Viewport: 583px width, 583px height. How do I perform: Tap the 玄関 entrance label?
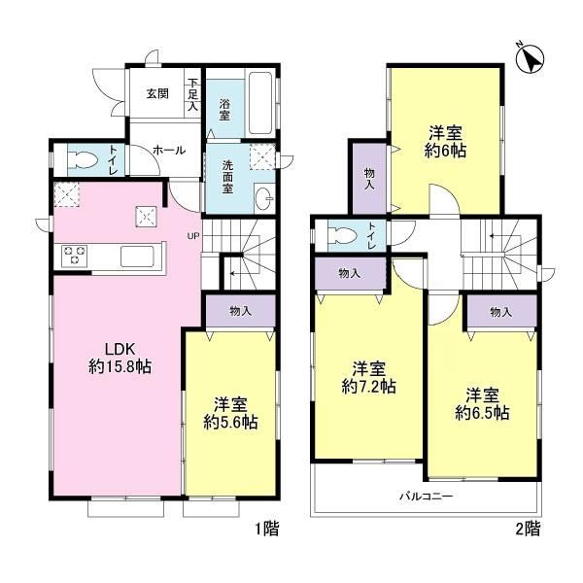157,93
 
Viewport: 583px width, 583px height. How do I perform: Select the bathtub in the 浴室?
260,103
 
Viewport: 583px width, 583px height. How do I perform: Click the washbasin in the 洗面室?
264,197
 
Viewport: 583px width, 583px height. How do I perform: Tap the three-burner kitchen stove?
75,256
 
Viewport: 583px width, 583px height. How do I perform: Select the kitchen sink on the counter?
137,257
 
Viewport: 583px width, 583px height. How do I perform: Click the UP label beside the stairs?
193,236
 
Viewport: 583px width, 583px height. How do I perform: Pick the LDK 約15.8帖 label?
120,358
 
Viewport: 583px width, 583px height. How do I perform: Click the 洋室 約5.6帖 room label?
230,413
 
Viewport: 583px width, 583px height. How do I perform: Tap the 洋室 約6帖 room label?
445,142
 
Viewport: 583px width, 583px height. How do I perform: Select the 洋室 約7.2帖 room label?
369,378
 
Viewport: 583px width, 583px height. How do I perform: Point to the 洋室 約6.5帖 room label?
482,404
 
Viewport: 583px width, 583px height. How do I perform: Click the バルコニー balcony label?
427,496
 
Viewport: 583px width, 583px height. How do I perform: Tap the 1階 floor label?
267,529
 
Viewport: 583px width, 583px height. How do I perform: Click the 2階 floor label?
528,529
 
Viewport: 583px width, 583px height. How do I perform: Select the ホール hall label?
169,151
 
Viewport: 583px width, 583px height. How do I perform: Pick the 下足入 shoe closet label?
193,94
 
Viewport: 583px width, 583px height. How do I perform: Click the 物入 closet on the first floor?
241,311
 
